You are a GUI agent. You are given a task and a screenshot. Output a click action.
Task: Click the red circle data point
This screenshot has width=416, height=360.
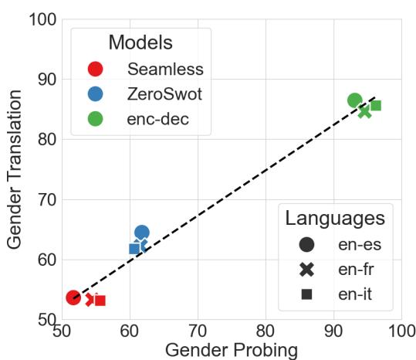tap(73, 297)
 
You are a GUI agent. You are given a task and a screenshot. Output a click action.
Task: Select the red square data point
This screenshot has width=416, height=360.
tap(100, 301)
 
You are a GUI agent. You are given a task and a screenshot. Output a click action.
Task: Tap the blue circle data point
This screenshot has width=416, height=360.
tap(142, 232)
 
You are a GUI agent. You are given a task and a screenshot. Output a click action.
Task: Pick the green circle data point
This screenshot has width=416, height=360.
tap(355, 100)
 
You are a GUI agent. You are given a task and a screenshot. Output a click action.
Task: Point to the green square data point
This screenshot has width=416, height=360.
tap(376, 106)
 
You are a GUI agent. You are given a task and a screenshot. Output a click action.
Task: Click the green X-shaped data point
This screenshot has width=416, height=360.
tap(365, 111)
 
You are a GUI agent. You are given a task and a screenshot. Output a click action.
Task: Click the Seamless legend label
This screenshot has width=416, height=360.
tap(165, 69)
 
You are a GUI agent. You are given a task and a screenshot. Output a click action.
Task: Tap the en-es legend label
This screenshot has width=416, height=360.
tap(361, 245)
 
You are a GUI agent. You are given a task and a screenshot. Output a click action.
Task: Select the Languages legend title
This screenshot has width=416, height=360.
tap(335, 217)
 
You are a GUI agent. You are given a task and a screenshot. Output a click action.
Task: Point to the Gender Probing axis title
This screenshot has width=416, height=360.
tap(231, 349)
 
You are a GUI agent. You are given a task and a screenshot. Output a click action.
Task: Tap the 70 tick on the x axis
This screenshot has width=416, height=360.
tap(198, 331)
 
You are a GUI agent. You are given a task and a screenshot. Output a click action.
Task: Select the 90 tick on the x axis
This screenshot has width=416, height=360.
tap(333, 331)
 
